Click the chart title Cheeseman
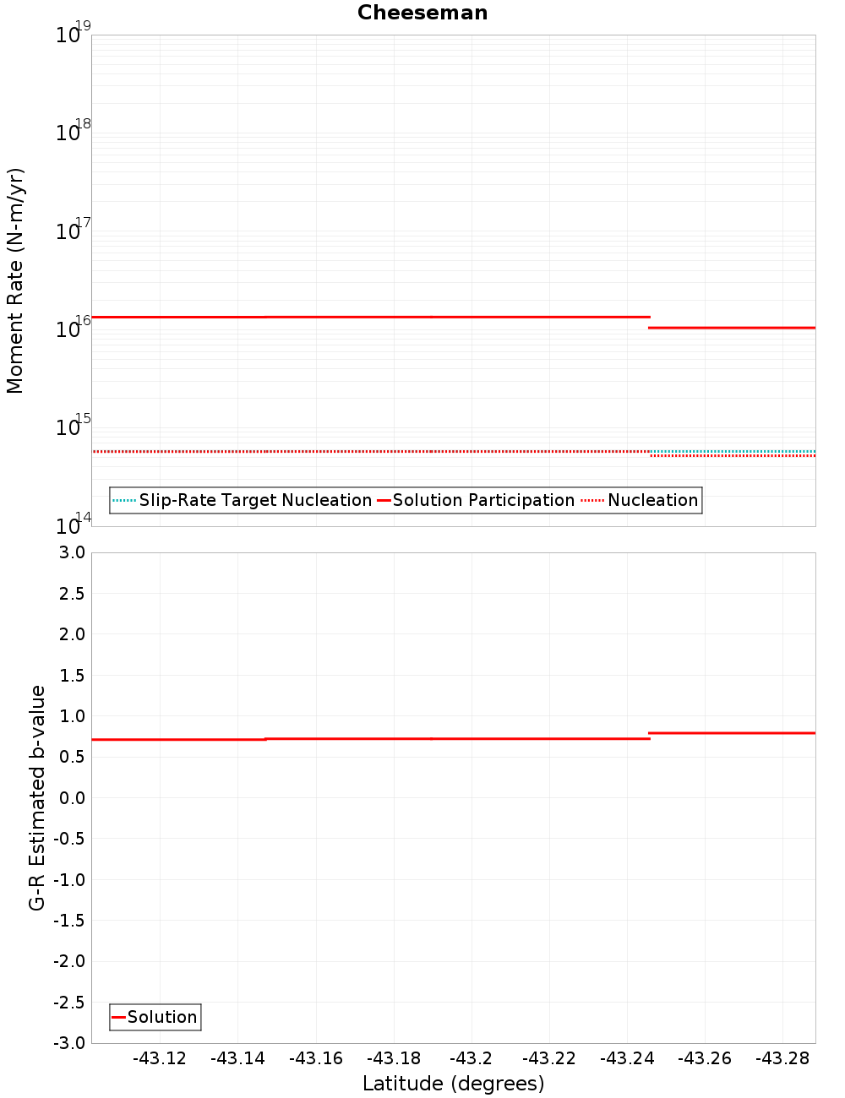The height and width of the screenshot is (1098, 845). tap(422, 13)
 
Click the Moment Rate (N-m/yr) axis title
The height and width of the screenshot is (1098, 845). tap(15, 280)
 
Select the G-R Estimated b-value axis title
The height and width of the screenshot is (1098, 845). tap(37, 797)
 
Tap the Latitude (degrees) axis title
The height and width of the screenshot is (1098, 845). tap(453, 1084)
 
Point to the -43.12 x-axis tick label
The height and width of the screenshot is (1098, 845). tap(160, 1058)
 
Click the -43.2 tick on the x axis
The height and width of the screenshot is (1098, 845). tap(471, 1058)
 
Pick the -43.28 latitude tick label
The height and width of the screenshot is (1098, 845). tap(782, 1058)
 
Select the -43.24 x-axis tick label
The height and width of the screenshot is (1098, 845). tap(627, 1058)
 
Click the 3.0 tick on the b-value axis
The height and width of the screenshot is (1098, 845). tap(70, 552)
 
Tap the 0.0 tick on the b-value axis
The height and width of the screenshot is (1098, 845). tap(70, 798)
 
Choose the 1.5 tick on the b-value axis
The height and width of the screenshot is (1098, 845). tap(70, 675)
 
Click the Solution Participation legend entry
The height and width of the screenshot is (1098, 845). tap(483, 500)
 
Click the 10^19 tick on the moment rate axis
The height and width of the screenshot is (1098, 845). tap(73, 34)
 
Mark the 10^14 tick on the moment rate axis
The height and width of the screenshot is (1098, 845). tap(73, 525)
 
